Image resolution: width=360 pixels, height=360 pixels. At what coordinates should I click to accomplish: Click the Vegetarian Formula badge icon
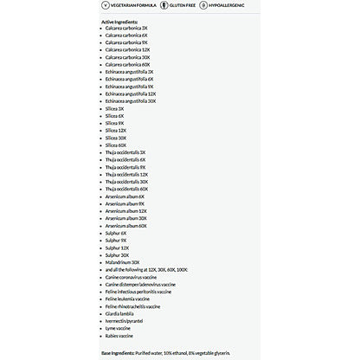coord(106,5)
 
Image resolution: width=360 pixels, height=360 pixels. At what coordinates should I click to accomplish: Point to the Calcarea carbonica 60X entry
coord(127,64)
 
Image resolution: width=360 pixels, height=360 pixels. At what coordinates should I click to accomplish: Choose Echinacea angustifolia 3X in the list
coord(130,72)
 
